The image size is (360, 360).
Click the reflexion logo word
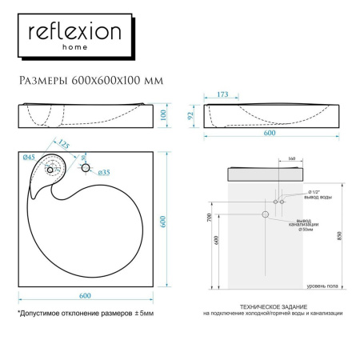[x=75, y=33]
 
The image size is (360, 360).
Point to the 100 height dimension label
[x=163, y=116]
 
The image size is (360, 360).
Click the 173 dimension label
[x=223, y=95]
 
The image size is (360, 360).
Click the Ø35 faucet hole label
[x=104, y=173]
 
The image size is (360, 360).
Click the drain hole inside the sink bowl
[x=52, y=169]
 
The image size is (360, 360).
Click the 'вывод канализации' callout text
[x=310, y=223]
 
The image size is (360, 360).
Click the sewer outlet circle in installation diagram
[x=265, y=215]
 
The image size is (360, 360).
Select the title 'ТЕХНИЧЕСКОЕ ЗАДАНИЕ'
[x=272, y=306]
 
